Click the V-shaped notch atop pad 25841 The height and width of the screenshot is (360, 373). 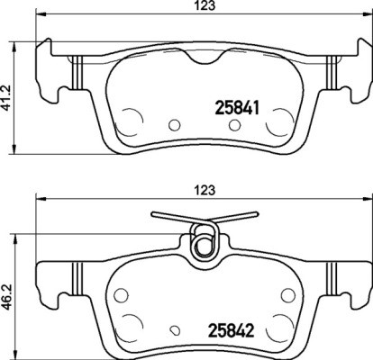203,58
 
